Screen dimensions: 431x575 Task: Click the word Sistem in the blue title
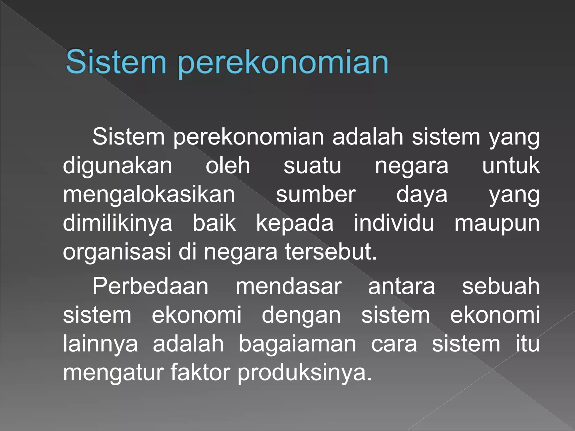pos(116,62)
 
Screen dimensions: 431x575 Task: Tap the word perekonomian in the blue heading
pos(283,63)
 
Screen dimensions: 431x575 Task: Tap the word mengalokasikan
pos(149,195)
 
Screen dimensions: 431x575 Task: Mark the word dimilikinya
pos(117,224)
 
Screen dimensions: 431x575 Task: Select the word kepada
pos(295,224)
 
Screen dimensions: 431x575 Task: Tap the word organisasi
pos(117,253)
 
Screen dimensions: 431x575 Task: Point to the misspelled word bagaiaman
pos(297,344)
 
